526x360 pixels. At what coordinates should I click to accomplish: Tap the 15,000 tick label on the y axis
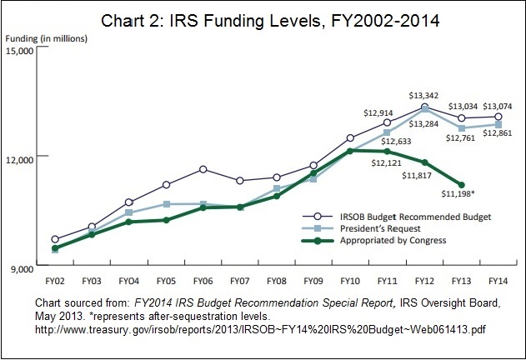[x=18, y=51]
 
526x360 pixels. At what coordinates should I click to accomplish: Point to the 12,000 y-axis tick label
[x=18, y=158]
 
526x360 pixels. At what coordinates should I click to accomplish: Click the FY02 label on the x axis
[x=55, y=282]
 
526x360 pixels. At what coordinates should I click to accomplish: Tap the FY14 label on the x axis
[x=498, y=282]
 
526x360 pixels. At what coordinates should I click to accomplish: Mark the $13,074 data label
[x=498, y=106]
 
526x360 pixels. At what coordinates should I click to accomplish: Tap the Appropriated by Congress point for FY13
[x=461, y=185]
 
